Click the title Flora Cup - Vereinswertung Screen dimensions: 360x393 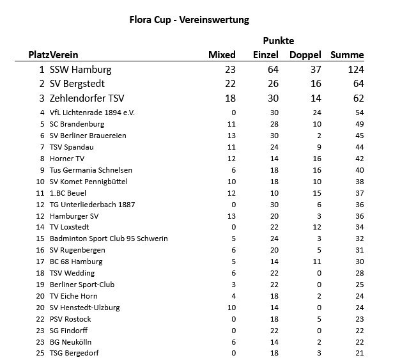pyautogui.click(x=189, y=19)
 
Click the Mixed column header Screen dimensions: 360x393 pyautogui.click(x=222, y=55)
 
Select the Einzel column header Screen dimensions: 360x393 pyautogui.click(x=266, y=55)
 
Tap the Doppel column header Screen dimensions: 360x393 pyautogui.click(x=305, y=55)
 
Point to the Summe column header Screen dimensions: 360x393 pyautogui.click(x=347, y=55)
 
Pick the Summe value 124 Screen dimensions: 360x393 pyautogui.click(x=356, y=70)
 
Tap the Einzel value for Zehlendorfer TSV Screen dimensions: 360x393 pyautogui.click(x=272, y=98)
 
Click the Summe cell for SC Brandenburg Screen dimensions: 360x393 pyautogui.click(x=359, y=124)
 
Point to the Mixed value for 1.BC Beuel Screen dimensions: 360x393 pyautogui.click(x=231, y=193)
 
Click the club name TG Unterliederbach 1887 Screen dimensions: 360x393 pyautogui.click(x=92, y=205)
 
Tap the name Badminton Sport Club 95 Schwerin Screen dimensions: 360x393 pyautogui.click(x=109, y=239)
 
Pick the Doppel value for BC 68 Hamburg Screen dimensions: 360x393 pyautogui.click(x=316, y=262)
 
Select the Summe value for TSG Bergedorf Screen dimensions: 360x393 pyautogui.click(x=359, y=353)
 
